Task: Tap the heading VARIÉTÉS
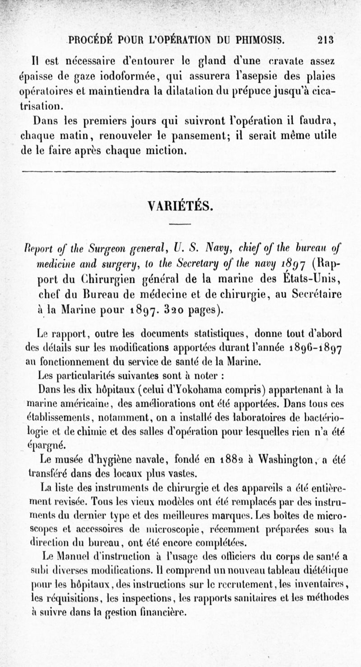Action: pos(180,206)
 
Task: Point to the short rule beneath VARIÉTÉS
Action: pos(180,225)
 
